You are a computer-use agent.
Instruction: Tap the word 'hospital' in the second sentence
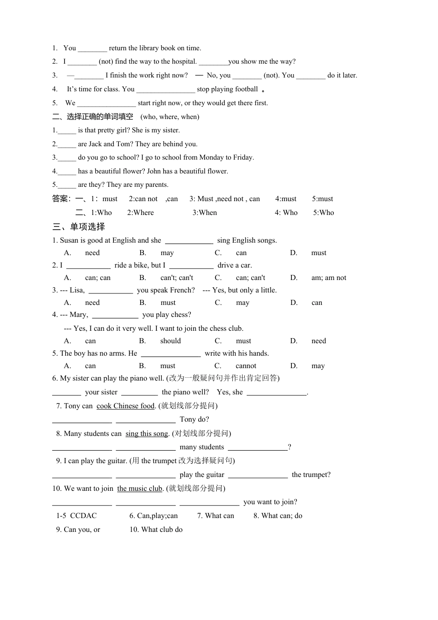tap(184, 61)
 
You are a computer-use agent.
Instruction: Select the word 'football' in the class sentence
tap(246, 89)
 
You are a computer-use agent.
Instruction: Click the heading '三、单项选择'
tap(79, 227)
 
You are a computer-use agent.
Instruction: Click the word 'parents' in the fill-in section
tap(157, 185)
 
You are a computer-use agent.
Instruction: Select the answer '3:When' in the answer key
tap(205, 213)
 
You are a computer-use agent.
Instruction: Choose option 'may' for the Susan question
tap(167, 253)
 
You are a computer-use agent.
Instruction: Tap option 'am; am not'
tap(329, 278)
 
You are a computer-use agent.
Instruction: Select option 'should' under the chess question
tap(171, 341)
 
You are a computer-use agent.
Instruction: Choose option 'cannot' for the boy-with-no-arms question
tap(246, 366)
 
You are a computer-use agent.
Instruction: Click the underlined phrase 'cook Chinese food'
tap(125, 406)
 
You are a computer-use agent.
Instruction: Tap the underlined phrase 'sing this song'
tap(147, 434)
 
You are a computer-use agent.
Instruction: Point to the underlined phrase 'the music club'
tap(140, 489)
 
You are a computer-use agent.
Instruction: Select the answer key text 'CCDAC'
tap(83, 516)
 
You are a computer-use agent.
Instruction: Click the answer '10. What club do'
tap(156, 530)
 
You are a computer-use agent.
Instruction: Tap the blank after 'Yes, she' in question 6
tap(276, 393)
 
